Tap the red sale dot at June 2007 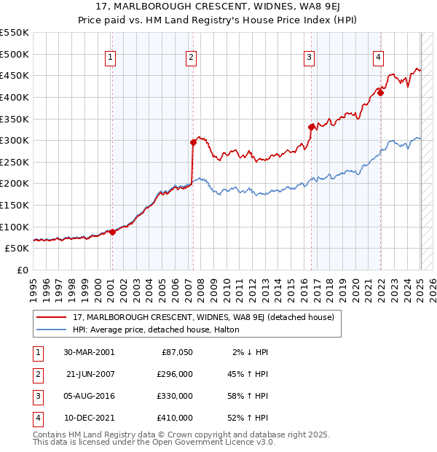194,142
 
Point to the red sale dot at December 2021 380,93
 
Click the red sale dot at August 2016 311,127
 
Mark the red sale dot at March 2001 112,232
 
